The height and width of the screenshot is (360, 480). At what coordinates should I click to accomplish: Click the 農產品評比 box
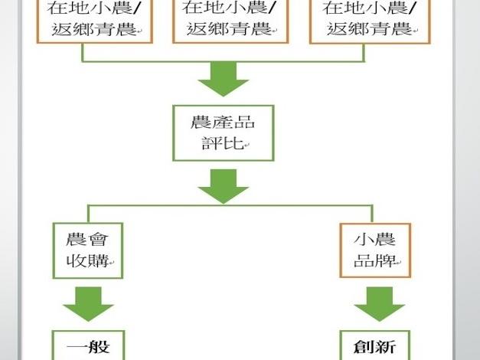[222, 133]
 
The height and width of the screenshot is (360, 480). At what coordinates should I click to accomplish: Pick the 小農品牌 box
[375, 250]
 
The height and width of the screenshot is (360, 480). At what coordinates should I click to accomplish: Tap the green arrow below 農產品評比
[223, 186]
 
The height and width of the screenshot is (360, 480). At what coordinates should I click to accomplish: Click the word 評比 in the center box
[221, 144]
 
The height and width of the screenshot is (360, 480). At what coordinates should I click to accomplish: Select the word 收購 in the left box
[86, 261]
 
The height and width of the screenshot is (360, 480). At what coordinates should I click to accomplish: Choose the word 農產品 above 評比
[221, 121]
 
